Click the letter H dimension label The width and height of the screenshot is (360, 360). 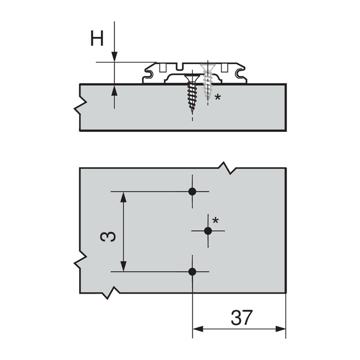(x=97, y=39)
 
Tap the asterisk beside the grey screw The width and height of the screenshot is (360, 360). (x=217, y=98)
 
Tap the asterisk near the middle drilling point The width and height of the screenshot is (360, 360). (x=215, y=220)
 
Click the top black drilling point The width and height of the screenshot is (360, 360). (x=192, y=192)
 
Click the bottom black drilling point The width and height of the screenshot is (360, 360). (x=192, y=271)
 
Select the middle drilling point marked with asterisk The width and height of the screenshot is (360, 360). (x=208, y=231)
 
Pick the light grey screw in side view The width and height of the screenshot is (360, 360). (x=207, y=83)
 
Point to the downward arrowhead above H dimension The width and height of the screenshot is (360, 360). (x=114, y=57)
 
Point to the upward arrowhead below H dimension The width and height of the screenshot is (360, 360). (x=114, y=89)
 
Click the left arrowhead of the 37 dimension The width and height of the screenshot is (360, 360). (x=198, y=329)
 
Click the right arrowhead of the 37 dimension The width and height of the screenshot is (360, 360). (x=280, y=329)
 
